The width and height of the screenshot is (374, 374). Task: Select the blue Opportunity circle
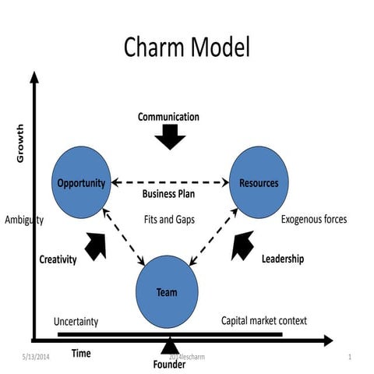pyautogui.click(x=81, y=184)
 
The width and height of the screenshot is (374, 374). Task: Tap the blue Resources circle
pyautogui.click(x=258, y=184)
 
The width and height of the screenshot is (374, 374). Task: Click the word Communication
pyautogui.click(x=168, y=118)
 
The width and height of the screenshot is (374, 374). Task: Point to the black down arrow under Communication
pyautogui.click(x=169, y=138)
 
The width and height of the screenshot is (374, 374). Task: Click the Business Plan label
pyautogui.click(x=170, y=194)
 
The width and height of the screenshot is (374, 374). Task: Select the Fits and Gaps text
pyautogui.click(x=169, y=220)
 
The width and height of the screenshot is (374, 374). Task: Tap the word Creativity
pyautogui.click(x=58, y=260)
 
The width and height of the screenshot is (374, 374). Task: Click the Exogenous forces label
pyautogui.click(x=314, y=220)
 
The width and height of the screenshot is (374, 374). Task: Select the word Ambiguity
pyautogui.click(x=23, y=220)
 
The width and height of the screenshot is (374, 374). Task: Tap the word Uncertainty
pyautogui.click(x=76, y=321)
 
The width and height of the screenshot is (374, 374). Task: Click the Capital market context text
pyautogui.click(x=264, y=320)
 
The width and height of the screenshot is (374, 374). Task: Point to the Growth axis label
pyautogui.click(x=21, y=143)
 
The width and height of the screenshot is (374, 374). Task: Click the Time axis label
pyautogui.click(x=81, y=354)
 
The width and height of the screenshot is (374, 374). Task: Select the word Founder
pyautogui.click(x=169, y=365)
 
